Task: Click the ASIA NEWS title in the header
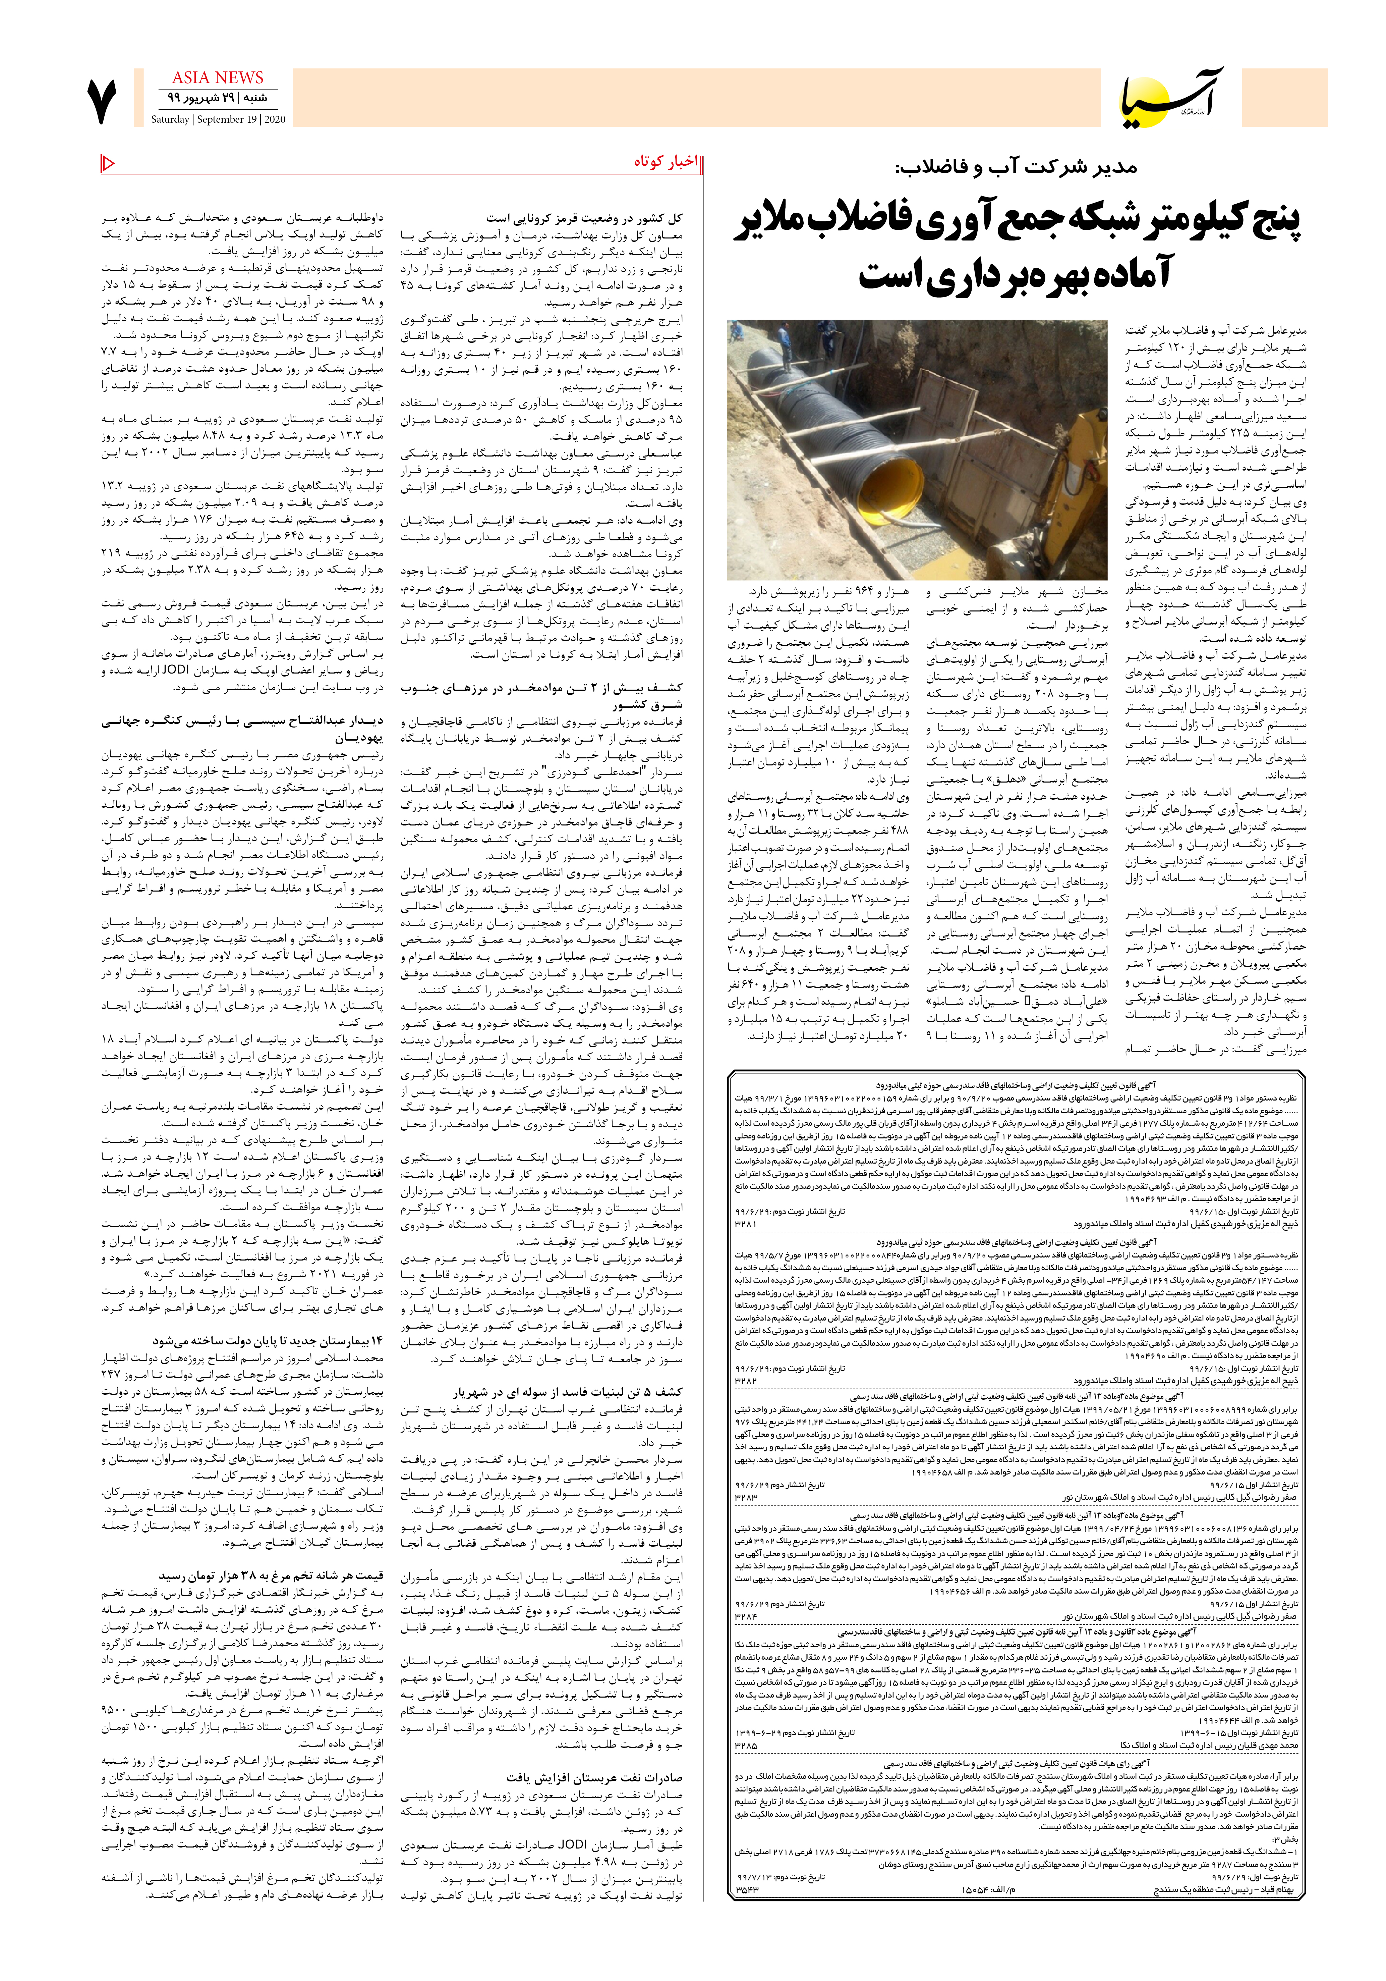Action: click(x=217, y=78)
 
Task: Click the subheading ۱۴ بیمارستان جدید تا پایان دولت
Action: click(x=267, y=1341)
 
